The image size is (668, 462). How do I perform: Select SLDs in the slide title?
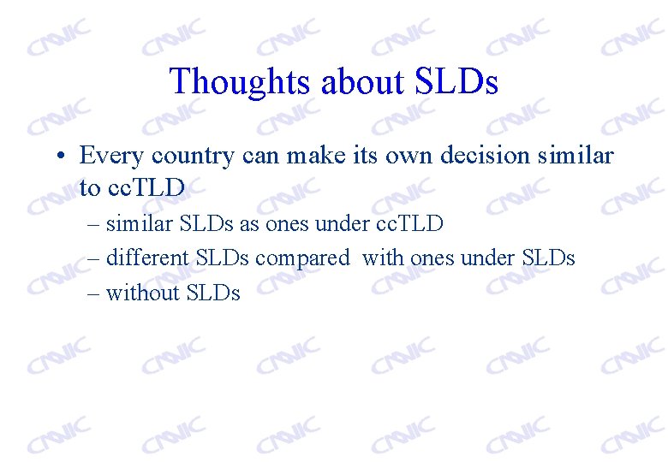(x=456, y=82)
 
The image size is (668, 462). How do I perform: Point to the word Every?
(x=111, y=156)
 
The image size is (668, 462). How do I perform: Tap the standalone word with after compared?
(x=383, y=258)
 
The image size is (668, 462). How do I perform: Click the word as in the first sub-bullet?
(x=250, y=224)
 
